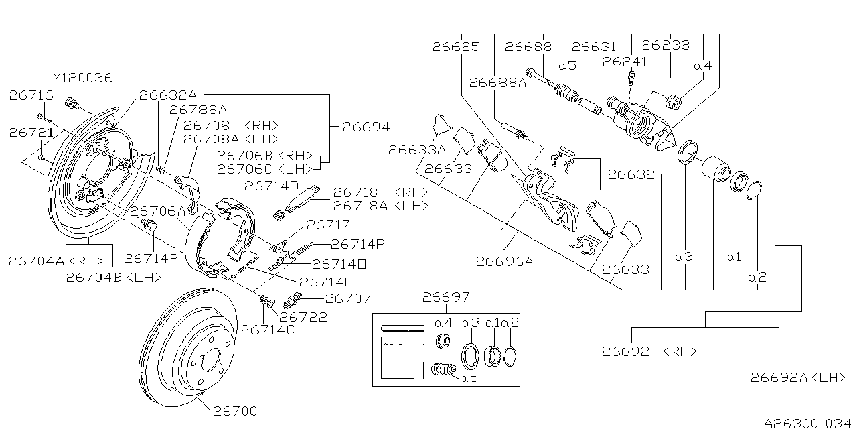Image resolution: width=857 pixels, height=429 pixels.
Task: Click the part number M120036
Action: pos(84,78)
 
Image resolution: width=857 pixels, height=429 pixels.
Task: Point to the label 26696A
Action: pos(504,262)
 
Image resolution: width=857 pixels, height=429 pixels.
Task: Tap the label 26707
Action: pos(347,297)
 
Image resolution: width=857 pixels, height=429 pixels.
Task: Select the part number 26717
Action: pos(327,225)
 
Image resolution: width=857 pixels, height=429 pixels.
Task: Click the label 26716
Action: pos(31,95)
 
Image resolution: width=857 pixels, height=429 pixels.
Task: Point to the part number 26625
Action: pos(456,47)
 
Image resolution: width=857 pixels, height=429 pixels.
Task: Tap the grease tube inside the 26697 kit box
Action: pos(402,353)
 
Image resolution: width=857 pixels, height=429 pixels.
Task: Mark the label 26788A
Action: pos(198,109)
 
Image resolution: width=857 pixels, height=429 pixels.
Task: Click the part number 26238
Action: pos(665,46)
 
